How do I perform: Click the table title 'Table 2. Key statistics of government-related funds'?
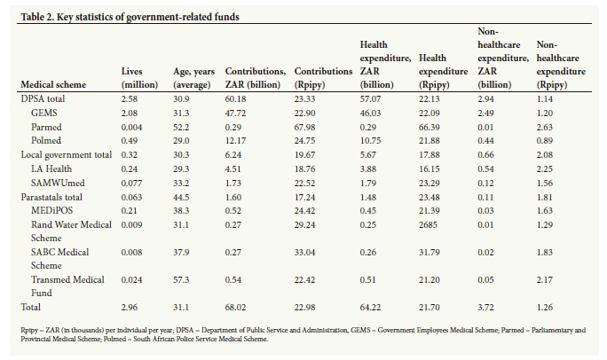[130, 17]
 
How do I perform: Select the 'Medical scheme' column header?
[53, 85]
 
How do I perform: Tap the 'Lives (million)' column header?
[139, 78]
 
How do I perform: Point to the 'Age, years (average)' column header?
[193, 78]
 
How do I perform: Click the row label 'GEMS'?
[44, 113]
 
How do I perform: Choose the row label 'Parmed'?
[46, 127]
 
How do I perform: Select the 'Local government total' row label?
[67, 154]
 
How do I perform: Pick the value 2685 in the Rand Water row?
[428, 224]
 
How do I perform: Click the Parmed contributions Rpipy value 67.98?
[304, 127]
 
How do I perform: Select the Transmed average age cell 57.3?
[181, 279]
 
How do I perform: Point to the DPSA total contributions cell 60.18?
[235, 99]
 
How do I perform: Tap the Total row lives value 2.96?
[130, 308]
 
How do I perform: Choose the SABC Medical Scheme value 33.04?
[304, 253]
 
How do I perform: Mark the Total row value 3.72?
[485, 308]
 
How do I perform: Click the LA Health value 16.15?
[430, 169]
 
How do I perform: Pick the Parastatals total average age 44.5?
[181, 197]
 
